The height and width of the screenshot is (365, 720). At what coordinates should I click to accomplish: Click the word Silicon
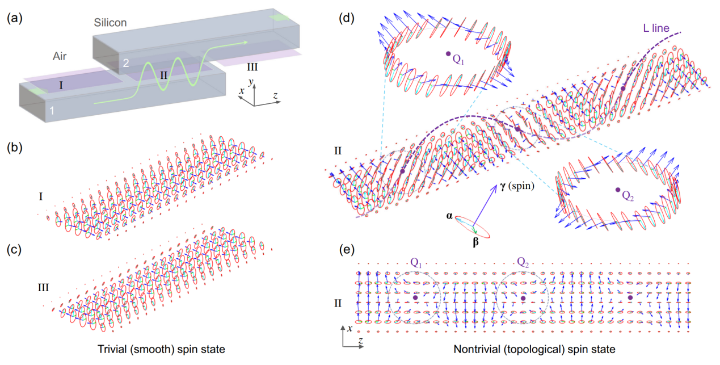[x=111, y=23]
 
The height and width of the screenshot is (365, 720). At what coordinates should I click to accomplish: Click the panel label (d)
[x=347, y=18]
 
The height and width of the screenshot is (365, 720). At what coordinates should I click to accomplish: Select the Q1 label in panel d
[x=458, y=58]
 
